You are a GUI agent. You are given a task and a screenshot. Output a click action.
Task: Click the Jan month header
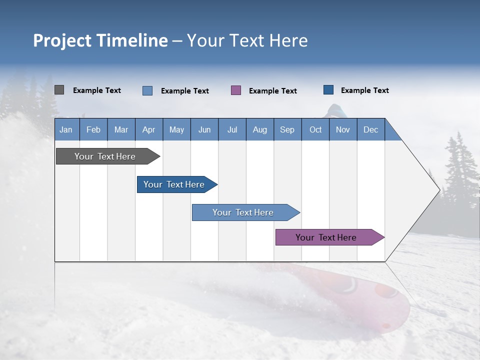pyautogui.click(x=66, y=129)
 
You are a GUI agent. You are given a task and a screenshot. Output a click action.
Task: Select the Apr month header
pyautogui.click(x=149, y=129)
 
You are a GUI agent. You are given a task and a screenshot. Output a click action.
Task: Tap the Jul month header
pyautogui.click(x=232, y=129)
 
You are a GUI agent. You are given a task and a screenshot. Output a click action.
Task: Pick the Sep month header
pyautogui.click(x=287, y=129)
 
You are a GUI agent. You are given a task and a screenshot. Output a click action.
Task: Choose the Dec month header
pyautogui.click(x=370, y=129)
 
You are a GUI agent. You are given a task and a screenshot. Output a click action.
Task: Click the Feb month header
pyautogui.click(x=93, y=129)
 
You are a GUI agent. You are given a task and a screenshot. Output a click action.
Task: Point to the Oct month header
pyautogui.click(x=315, y=129)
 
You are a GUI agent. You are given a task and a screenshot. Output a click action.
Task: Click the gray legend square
pyautogui.click(x=59, y=90)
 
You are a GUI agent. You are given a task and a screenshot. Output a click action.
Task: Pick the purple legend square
pyautogui.click(x=236, y=90)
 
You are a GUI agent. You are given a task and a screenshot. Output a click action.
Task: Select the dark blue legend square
pyautogui.click(x=328, y=90)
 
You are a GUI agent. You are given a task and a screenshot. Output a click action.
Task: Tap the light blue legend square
pyautogui.click(x=147, y=90)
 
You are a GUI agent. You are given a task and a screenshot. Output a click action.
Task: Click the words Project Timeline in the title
pyautogui.click(x=100, y=40)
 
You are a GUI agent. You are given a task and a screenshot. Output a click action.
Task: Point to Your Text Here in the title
pyautogui.click(x=247, y=40)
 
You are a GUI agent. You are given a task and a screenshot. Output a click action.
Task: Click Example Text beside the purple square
pyautogui.click(x=272, y=91)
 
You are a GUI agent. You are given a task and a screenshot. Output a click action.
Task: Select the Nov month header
pyautogui.click(x=343, y=129)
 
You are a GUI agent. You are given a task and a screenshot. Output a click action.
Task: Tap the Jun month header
pyautogui.click(x=204, y=129)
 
